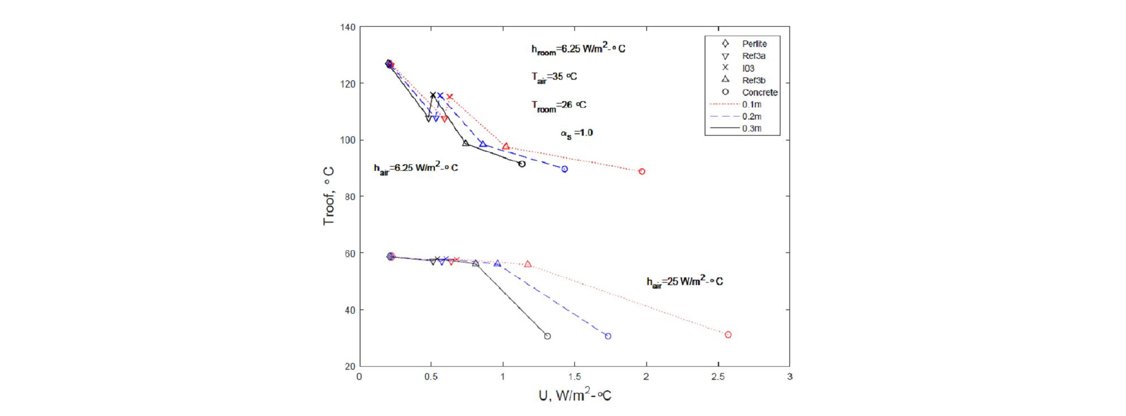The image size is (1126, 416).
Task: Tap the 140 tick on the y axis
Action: (348, 27)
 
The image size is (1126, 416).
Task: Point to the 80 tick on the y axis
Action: (350, 196)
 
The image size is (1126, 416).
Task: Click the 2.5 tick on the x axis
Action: (718, 377)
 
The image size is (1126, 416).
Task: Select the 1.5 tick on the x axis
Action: (574, 377)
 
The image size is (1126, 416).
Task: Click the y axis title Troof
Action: (328, 196)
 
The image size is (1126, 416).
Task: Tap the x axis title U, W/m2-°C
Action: (574, 395)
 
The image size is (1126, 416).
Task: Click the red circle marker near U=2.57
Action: (728, 335)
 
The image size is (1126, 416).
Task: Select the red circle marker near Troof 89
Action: (642, 171)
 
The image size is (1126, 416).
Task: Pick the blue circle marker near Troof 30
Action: (608, 336)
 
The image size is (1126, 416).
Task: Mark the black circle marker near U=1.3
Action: (548, 336)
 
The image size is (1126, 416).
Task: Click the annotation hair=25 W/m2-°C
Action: (685, 281)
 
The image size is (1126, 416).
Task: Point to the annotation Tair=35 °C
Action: (554, 77)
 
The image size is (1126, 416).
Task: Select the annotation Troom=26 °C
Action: (558, 105)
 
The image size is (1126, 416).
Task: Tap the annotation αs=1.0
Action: (576, 133)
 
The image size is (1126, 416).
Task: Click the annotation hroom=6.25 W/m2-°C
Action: (578, 49)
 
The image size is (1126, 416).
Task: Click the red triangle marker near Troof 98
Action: (506, 146)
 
